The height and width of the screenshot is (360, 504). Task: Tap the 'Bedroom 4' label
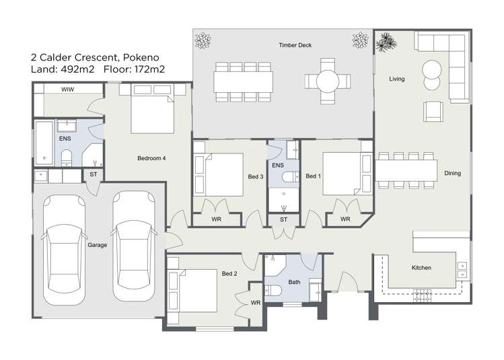coord(151,158)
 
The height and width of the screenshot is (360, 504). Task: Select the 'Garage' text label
coord(97,245)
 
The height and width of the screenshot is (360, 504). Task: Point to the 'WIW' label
coord(67,89)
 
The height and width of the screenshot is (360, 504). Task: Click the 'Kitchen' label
coord(421,268)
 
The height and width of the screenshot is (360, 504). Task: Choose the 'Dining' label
coord(452,174)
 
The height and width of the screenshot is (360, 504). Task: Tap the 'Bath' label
coord(294,282)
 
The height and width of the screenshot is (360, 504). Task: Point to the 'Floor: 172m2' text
coord(134,69)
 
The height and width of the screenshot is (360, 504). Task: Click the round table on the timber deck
coord(328,82)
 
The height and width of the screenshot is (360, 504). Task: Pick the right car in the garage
coord(133,248)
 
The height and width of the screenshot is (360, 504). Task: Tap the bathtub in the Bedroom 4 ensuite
coord(44,143)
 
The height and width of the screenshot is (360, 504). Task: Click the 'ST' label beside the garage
coord(93,175)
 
